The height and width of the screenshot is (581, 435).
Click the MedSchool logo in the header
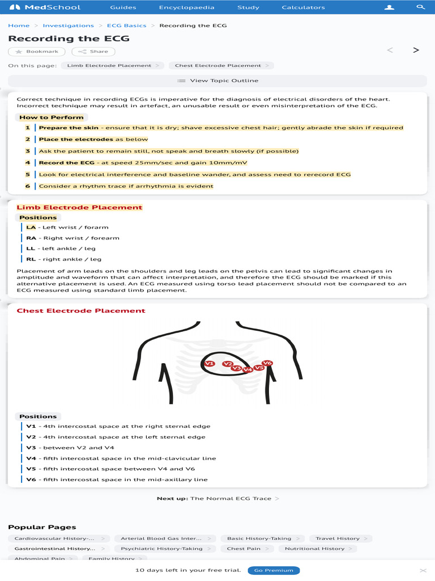[x=45, y=7]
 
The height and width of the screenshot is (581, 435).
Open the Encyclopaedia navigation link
[x=178, y=7]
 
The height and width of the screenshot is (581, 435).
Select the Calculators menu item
[x=303, y=7]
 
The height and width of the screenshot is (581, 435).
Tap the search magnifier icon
[x=420, y=7]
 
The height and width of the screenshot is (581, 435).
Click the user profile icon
[x=389, y=7]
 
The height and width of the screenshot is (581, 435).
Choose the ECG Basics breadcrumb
[x=126, y=26]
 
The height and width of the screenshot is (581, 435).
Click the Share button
[x=93, y=52]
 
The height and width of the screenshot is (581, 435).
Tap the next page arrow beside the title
[x=416, y=50]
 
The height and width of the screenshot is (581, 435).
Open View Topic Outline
[x=217, y=81]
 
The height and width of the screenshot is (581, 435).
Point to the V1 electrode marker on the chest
[x=209, y=363]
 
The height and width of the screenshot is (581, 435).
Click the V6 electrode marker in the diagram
[x=267, y=363]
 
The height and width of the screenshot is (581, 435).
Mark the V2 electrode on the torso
[x=227, y=364]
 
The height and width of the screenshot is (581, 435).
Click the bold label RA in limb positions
[x=31, y=238]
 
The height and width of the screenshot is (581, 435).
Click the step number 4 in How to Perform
[x=27, y=163]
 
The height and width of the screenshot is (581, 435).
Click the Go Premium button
[x=274, y=570]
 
